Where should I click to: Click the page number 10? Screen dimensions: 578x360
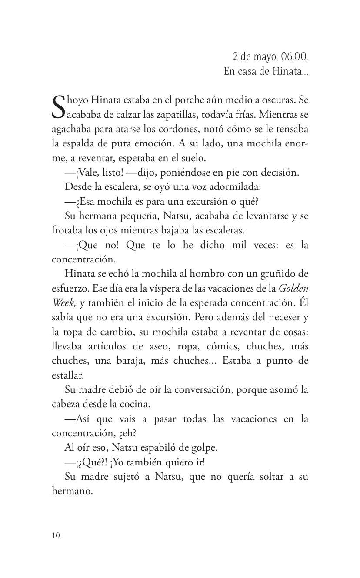(x=55, y=535)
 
